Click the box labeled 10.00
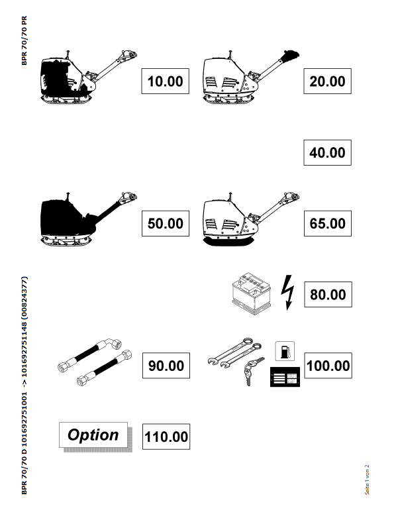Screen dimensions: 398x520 [x=165, y=81]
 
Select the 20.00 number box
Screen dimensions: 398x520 [x=327, y=81]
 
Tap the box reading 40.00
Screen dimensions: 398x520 [x=327, y=152]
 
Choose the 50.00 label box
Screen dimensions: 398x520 [x=166, y=223]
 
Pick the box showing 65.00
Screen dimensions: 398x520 [x=328, y=223]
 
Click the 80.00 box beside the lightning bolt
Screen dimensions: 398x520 [x=328, y=295]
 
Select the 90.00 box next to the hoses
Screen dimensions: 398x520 [x=166, y=366]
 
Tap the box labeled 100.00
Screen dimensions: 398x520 [x=328, y=366]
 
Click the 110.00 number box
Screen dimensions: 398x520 [x=166, y=437]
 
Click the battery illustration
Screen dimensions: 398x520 [x=252, y=293]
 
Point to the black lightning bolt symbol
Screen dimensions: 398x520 [x=287, y=293]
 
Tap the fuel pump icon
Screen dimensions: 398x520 [x=285, y=351]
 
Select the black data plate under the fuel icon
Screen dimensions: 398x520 [x=285, y=377]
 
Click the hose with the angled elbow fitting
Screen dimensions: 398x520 [x=89, y=356]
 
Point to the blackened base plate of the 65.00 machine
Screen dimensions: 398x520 [x=228, y=241]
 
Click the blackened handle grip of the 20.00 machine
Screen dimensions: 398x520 [x=289, y=56]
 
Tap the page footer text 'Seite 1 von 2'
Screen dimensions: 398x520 [x=367, y=480]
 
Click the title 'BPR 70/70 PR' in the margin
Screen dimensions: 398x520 [x=25, y=41]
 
